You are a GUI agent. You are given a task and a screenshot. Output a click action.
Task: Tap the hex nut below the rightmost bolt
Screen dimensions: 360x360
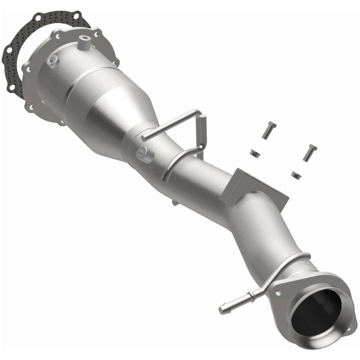296,174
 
